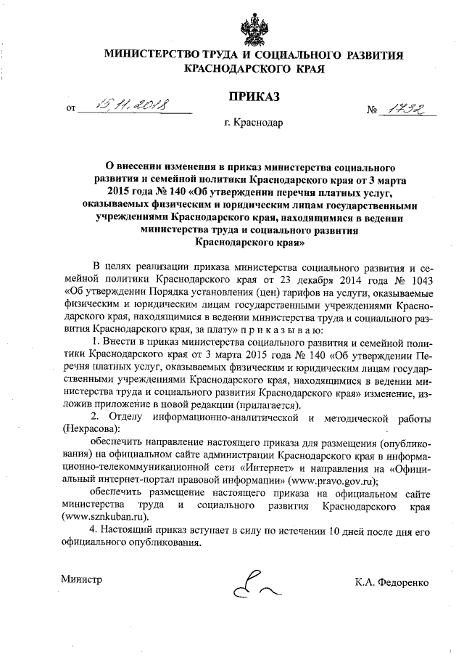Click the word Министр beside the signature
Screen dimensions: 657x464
point(81,580)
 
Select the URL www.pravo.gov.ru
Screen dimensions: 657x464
point(331,480)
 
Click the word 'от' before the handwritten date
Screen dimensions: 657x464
point(71,112)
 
